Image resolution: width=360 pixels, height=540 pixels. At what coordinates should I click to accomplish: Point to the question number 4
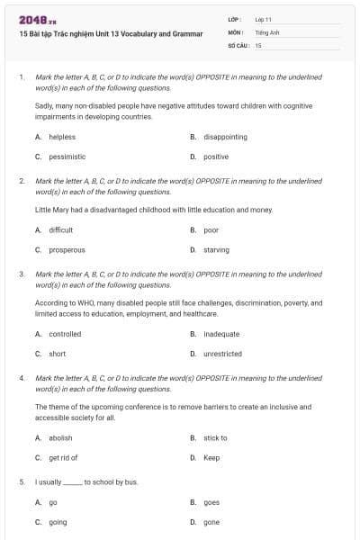(x=21, y=379)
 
